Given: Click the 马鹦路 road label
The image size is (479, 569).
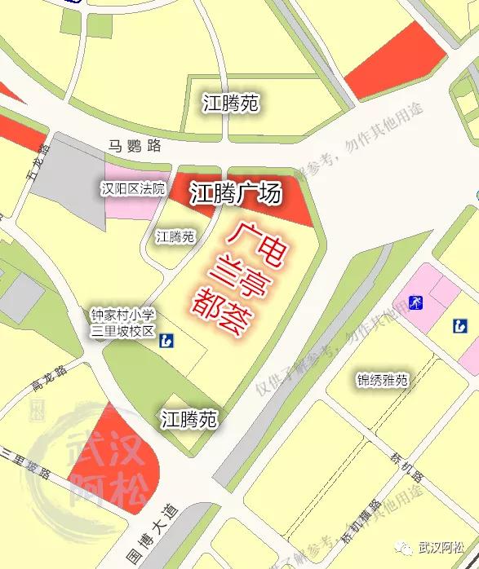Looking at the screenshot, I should tap(135, 147).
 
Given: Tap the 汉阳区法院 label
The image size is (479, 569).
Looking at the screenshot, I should tap(133, 189).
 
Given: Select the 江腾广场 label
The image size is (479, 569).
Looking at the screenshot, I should tap(236, 194).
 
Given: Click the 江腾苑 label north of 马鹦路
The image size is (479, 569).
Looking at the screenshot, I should tap(231, 104).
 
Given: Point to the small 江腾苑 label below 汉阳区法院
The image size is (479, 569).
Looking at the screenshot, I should tap(175, 236).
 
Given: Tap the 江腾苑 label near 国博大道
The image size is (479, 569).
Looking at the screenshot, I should tap(188, 420).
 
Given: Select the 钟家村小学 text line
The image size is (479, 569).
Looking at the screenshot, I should tap(122, 314).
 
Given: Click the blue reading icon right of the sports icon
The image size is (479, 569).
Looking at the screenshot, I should tap(460, 326).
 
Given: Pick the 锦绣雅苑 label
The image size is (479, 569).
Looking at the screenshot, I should tap(382, 380).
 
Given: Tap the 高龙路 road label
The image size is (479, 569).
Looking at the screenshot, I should tap(48, 377).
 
